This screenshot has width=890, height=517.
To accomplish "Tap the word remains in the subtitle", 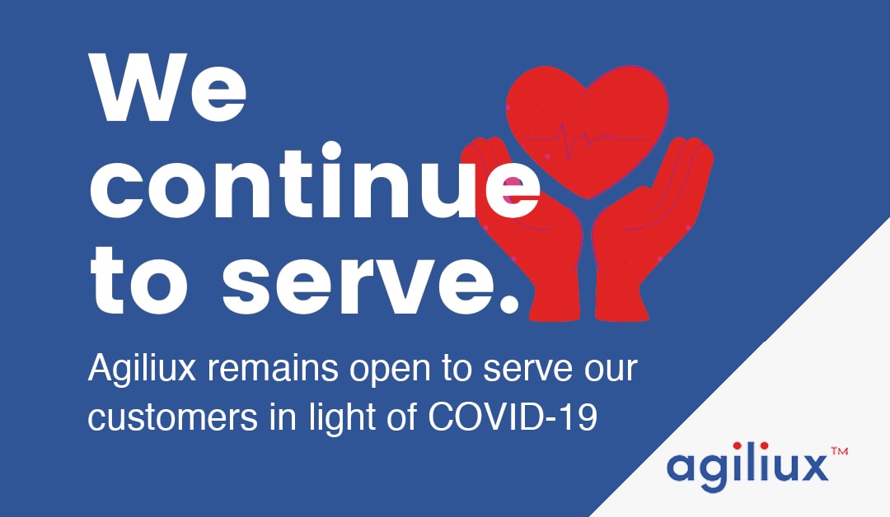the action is (x=273, y=369).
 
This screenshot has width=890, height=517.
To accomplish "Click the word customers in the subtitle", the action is (x=172, y=417).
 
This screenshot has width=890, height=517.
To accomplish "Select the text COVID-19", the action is (x=513, y=417).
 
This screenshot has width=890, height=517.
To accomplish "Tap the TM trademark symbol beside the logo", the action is (x=840, y=451).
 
